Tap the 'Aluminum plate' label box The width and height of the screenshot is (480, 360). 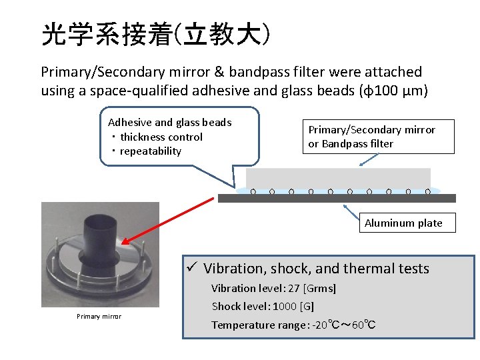pyautogui.click(x=403, y=223)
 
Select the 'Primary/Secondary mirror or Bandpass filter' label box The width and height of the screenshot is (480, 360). pyautogui.click(x=371, y=137)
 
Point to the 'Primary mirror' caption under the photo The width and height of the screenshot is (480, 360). pyautogui.click(x=99, y=316)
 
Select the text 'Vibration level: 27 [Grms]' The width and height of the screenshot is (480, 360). pyautogui.click(x=273, y=289)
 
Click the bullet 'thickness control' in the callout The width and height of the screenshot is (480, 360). pyautogui.click(x=161, y=137)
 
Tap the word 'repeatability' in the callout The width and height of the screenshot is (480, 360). pyautogui.click(x=151, y=151)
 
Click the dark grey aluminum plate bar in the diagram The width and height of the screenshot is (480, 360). pyautogui.click(x=337, y=198)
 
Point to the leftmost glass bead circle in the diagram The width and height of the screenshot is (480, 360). pyautogui.click(x=253, y=191)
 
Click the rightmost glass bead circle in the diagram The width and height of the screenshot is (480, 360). pyautogui.click(x=427, y=191)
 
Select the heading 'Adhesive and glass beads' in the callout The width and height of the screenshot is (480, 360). pyautogui.click(x=169, y=122)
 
